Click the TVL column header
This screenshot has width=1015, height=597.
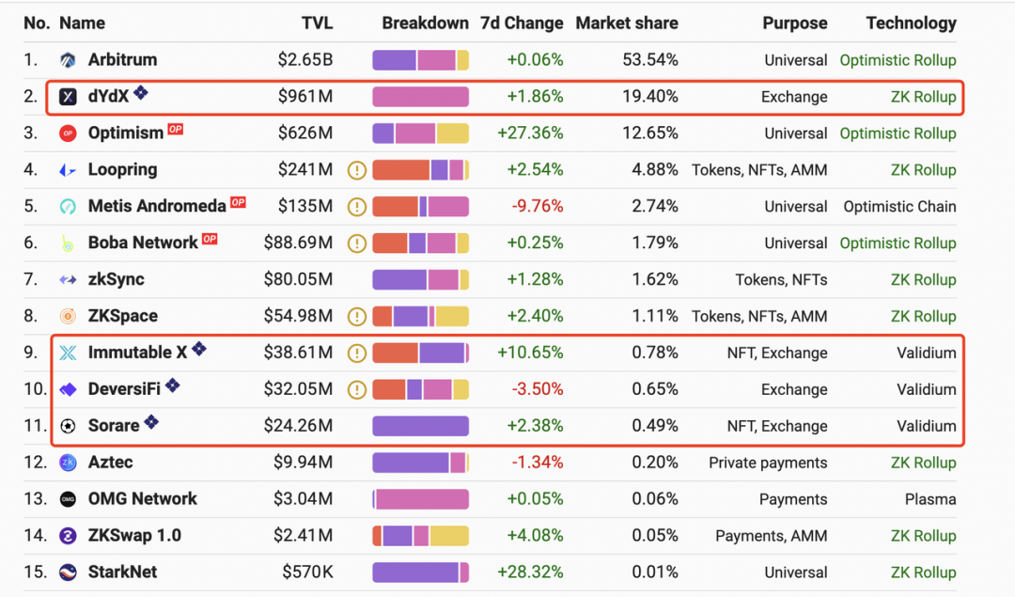[317, 24]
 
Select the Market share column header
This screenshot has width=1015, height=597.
[626, 24]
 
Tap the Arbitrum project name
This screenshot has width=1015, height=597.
[122, 60]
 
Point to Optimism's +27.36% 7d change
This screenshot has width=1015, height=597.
[529, 134]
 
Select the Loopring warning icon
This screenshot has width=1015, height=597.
[356, 170]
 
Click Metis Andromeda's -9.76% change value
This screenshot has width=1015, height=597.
[537, 207]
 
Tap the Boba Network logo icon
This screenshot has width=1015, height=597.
[68, 244]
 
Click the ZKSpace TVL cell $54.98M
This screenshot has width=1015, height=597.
[298, 316]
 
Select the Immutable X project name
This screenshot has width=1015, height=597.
[137, 353]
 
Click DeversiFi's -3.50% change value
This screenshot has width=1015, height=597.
[537, 389]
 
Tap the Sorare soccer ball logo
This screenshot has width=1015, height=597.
[68, 426]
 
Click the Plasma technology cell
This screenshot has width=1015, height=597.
[929, 499]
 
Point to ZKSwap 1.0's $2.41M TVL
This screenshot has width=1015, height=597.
[303, 536]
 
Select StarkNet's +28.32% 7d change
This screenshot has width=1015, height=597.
[529, 573]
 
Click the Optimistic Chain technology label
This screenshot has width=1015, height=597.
[899, 207]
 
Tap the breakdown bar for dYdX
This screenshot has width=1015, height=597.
[420, 97]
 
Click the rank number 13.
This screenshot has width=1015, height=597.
[35, 499]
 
